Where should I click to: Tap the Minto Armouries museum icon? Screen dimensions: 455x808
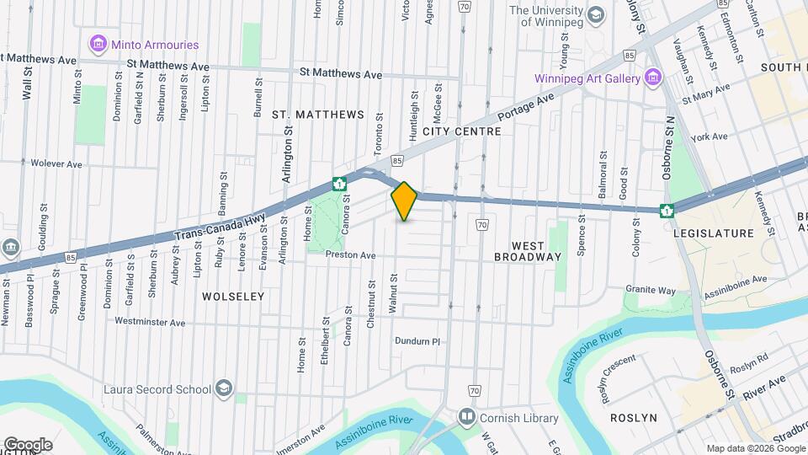click(98, 44)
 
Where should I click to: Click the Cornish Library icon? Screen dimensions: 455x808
click(466, 418)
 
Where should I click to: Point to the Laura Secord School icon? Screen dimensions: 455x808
click(224, 389)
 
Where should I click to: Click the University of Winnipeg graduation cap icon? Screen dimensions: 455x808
click(597, 15)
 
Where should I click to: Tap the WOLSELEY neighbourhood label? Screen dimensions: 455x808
click(233, 297)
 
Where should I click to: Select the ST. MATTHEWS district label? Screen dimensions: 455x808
click(318, 115)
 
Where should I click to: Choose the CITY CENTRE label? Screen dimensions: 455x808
click(462, 131)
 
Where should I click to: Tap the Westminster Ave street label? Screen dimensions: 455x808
click(149, 322)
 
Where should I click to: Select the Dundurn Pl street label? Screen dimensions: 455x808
click(417, 341)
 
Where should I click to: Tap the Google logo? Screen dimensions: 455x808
click(28, 444)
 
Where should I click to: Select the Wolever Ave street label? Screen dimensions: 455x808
click(56, 163)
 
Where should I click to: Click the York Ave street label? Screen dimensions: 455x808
click(709, 136)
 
